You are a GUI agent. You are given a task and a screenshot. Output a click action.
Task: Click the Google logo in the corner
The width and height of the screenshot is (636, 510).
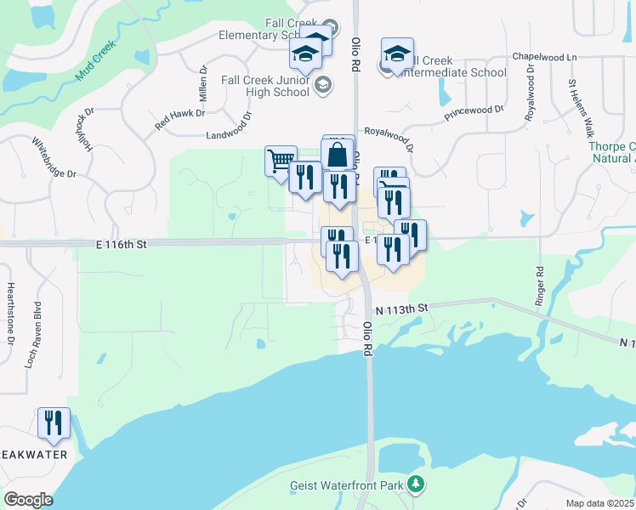pos(27,500)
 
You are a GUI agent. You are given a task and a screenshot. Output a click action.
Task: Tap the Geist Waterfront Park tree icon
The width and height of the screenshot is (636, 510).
pos(416,484)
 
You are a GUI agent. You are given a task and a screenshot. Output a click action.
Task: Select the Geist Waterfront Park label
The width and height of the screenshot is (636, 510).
pos(349,485)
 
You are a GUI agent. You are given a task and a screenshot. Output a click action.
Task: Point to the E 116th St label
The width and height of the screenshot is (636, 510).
pos(122,244)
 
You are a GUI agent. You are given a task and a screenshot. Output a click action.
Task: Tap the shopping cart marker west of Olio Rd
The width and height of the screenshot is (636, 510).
pos(281,160)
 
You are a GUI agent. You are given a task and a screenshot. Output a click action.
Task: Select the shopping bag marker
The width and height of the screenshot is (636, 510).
pos(338,155)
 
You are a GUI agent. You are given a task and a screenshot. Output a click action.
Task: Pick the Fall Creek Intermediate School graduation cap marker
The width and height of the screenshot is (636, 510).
pos(397,54)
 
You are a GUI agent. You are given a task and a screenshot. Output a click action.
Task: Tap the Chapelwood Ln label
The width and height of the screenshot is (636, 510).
pos(544,56)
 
